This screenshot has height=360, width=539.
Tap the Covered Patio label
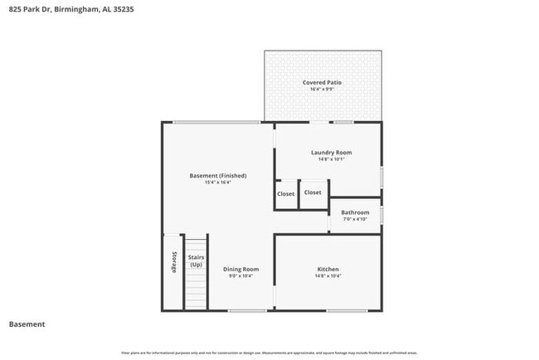point(322,83)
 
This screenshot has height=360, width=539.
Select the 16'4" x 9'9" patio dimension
point(322,90)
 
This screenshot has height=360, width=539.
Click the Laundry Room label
point(331,153)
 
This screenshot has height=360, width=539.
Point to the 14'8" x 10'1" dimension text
point(331,159)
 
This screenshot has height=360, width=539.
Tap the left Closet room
point(285,194)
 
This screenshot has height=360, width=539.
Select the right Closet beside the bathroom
point(313,192)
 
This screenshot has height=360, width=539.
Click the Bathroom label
point(355,212)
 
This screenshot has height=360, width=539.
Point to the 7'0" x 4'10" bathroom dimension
point(355,219)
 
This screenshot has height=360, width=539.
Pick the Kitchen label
point(328,270)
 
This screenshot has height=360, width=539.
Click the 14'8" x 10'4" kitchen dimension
point(328,276)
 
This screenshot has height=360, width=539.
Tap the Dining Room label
point(240,270)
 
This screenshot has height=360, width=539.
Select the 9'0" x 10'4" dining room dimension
point(240,276)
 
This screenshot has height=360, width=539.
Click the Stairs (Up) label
point(196,261)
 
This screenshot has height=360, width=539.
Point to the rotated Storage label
point(174,262)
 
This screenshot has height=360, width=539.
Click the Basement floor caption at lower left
point(27,324)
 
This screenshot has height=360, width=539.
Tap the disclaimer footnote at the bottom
point(269,352)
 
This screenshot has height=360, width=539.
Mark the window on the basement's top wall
point(216,123)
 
